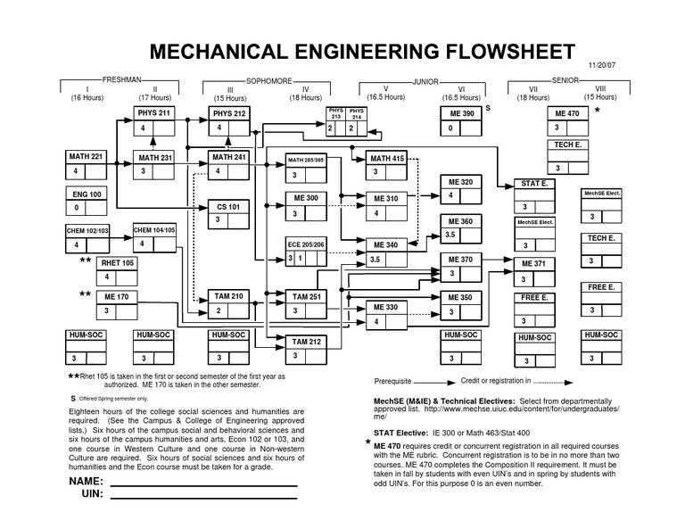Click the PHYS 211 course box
click(153, 121)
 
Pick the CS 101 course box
click(228, 213)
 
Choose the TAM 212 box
click(306, 348)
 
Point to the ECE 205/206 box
click(306, 251)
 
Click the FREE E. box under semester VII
click(533, 305)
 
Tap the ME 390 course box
click(461, 121)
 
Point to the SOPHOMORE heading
click(268, 80)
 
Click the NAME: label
click(87, 482)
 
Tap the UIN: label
click(94, 494)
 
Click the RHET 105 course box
click(119, 270)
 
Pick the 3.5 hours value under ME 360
click(450, 235)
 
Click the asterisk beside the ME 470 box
click(597, 112)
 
